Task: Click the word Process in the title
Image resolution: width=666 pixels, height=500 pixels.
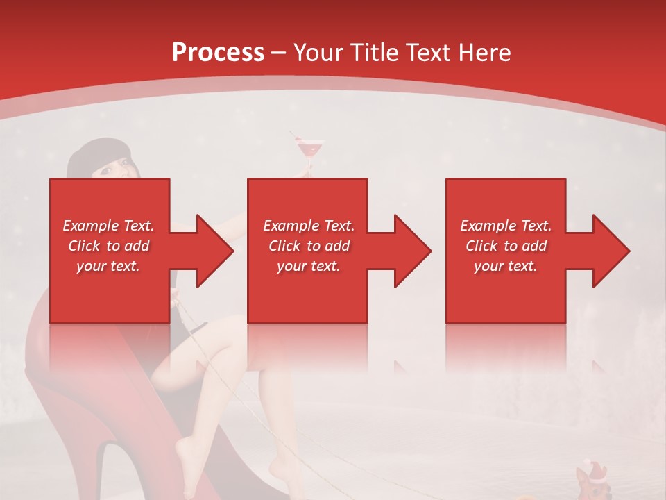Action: [x=218, y=52]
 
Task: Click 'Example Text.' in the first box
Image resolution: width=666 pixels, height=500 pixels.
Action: [x=108, y=226]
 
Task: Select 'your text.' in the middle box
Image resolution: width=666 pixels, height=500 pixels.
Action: [x=309, y=266]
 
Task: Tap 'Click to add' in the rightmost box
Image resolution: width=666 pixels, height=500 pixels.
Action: [x=506, y=246]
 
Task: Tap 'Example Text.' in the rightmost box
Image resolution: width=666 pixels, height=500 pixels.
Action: [x=506, y=226]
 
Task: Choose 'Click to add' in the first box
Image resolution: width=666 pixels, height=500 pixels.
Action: [x=108, y=246]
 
